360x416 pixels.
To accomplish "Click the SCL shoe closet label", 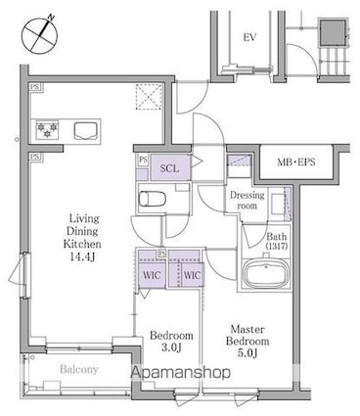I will point(170,168).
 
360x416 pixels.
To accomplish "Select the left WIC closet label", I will point(153,274).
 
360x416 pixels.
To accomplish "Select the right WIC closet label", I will point(193,274).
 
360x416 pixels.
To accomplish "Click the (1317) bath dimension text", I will point(276,246).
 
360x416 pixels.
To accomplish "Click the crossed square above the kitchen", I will point(149,97).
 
